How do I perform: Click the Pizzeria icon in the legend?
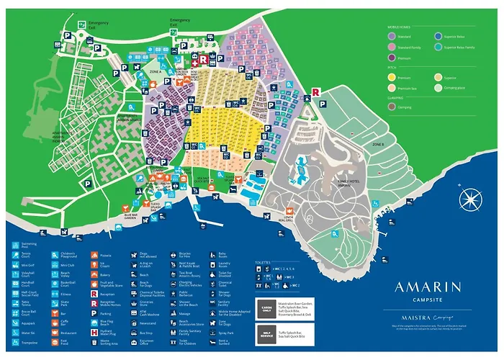point(94,255)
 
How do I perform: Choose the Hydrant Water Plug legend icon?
point(94,333)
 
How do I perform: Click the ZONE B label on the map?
point(379,145)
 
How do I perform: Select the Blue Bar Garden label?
point(131,215)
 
